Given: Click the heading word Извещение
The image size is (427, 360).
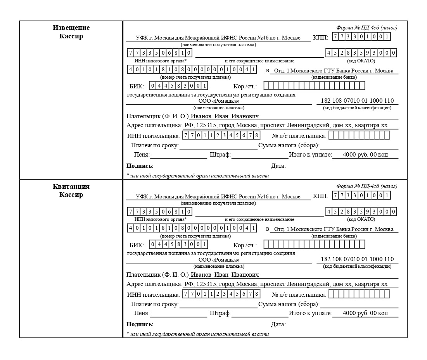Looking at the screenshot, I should point(71,28).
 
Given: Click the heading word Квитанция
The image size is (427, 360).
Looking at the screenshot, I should point(71,186).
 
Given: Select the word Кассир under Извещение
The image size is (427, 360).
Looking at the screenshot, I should point(71,36).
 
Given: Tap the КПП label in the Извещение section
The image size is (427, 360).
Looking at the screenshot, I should point(320,38).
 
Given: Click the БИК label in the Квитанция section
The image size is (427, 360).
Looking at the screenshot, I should point(137,245).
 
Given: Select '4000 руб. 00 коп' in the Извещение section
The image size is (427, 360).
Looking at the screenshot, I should point(365,155).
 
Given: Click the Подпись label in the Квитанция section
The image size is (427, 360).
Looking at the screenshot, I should point(140,324).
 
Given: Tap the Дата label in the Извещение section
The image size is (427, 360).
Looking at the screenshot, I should point(278,166).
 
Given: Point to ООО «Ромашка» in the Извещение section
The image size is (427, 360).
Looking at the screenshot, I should point(219,101).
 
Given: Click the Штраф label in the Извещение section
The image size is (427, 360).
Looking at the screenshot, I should point(220,155).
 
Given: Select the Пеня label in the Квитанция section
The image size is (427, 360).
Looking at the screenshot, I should point(142,313).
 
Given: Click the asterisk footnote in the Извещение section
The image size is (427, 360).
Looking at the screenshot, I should point(197,176).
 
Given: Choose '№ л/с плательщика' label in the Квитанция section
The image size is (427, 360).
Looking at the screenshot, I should point(299,294).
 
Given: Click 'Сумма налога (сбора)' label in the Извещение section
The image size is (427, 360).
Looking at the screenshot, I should point(289,146).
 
